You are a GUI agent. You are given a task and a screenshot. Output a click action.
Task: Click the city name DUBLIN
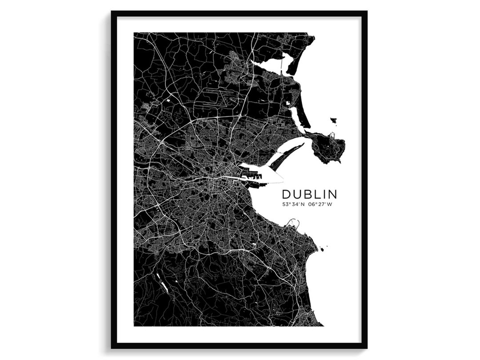309,194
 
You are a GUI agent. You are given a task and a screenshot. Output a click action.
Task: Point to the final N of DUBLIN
332,194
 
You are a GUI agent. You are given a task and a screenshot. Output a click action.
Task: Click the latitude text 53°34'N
293,205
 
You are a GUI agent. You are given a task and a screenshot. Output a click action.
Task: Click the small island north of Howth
333,120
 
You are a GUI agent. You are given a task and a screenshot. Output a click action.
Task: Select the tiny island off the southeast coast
321,249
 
